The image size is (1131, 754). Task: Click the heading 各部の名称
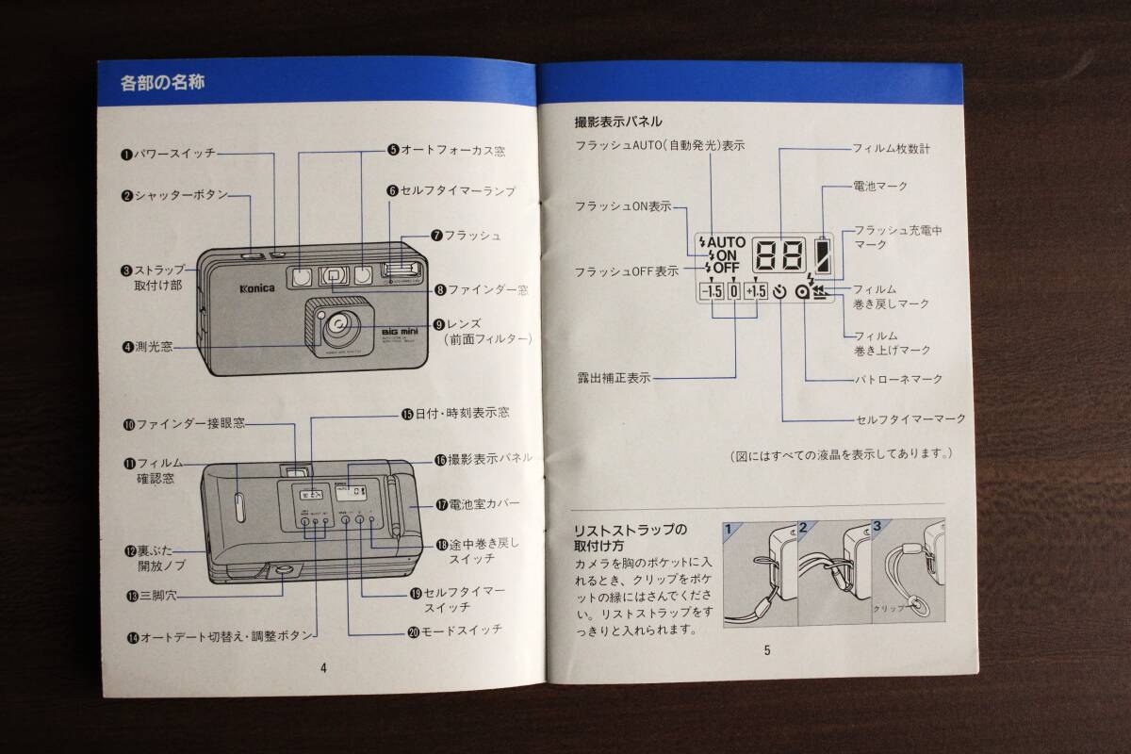point(164,83)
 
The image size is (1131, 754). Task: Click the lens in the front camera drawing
point(338,327)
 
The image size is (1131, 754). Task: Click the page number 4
point(323,667)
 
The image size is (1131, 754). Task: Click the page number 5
point(767,649)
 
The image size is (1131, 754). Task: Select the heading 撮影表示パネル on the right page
point(618,122)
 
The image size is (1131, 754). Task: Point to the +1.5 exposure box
point(756,292)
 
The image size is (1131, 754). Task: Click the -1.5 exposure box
point(711,292)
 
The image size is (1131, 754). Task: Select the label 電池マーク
point(880,187)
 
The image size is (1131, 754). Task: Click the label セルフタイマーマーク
point(910,418)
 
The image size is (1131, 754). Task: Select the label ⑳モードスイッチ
point(454,630)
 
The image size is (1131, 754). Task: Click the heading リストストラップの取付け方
point(631,536)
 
